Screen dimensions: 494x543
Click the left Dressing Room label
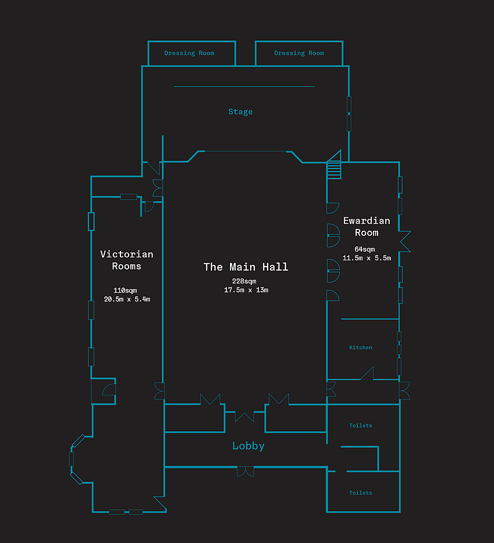click(189, 53)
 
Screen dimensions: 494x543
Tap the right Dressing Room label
click(299, 53)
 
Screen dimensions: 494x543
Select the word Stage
click(240, 112)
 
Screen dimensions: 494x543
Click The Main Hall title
click(246, 267)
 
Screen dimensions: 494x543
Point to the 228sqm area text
click(244, 281)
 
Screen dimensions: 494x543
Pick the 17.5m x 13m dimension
click(246, 290)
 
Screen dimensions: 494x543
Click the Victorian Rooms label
click(127, 260)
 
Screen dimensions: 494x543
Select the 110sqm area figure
click(125, 290)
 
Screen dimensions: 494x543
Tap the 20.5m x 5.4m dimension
click(127, 299)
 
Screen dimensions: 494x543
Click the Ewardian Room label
click(367, 227)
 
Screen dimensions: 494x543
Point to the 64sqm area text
click(365, 249)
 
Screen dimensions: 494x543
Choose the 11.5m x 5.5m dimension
click(367, 258)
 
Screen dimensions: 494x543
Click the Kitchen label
click(361, 347)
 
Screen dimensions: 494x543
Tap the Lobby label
click(248, 446)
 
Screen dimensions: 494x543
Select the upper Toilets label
click(361, 425)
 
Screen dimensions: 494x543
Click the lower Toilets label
click(361, 493)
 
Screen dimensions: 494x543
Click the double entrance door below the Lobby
click(246, 471)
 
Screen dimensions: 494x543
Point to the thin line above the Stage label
click(244, 86)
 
